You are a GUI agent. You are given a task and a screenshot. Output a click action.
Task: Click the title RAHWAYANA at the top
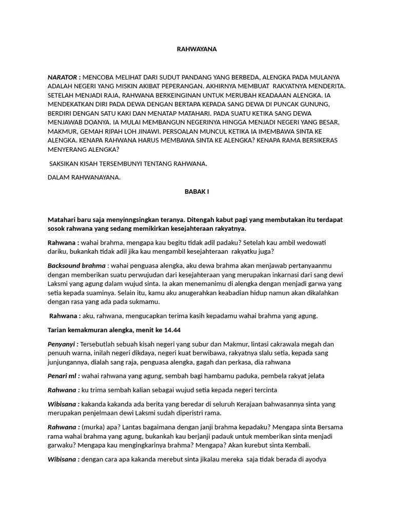196,49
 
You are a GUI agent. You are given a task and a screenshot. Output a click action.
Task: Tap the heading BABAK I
196,191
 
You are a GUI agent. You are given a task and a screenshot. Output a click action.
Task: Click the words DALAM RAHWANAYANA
84,177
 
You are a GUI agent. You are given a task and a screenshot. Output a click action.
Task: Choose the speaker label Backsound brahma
76,266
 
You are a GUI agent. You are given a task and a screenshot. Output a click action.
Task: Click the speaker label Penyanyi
63,344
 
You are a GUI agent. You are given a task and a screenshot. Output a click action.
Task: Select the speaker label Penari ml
63,376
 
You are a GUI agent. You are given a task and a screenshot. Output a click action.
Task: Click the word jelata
314,376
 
